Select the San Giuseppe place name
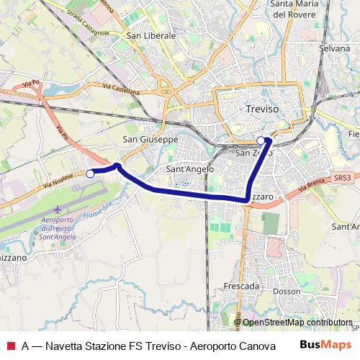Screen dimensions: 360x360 [150, 139]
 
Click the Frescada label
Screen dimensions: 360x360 [241, 286]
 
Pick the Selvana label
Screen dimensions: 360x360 [334, 48]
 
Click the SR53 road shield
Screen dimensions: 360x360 [343, 177]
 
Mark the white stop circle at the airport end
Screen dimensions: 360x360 [90, 174]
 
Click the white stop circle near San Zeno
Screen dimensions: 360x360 [261, 141]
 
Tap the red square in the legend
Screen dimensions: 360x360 [10, 346]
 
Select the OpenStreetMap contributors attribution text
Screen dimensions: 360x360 [297, 323]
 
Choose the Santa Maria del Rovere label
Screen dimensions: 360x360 [316, 8]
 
